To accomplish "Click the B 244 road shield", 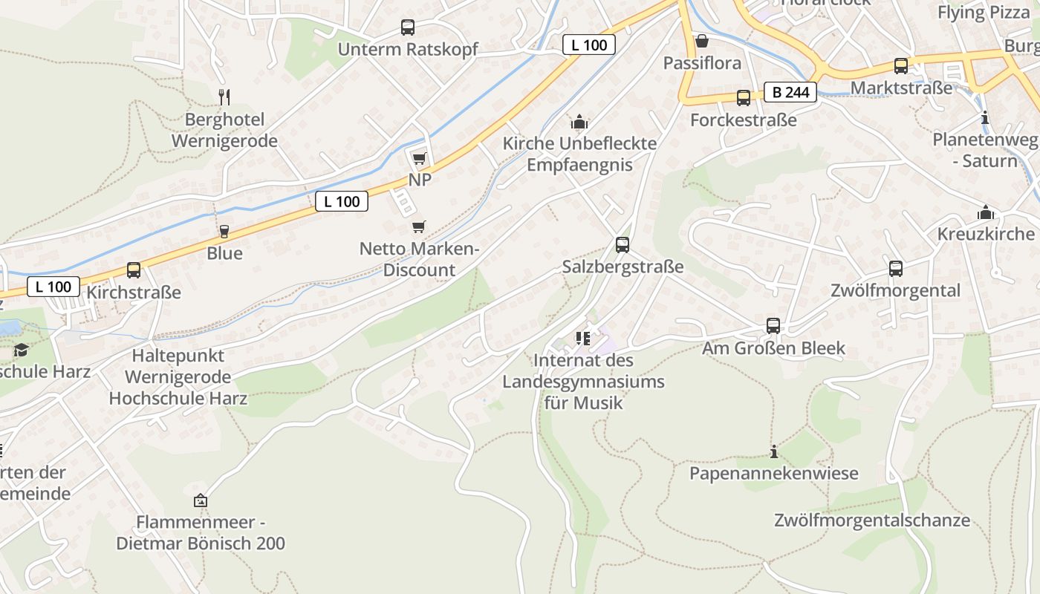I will pyautogui.click(x=790, y=92).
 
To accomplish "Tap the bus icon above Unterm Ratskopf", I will pyautogui.click(x=408, y=27).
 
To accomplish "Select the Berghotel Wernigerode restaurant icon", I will pyautogui.click(x=224, y=97).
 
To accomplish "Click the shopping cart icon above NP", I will pyautogui.click(x=419, y=158).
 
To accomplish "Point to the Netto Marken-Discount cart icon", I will pyautogui.click(x=419, y=226).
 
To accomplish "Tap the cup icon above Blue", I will pyautogui.click(x=224, y=231).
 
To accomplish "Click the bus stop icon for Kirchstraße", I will pyautogui.click(x=134, y=270).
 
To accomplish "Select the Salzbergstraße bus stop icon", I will pyautogui.click(x=623, y=244).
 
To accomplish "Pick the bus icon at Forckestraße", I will pyautogui.click(x=743, y=98).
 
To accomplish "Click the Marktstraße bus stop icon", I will pyautogui.click(x=900, y=66).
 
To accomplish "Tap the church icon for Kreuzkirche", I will pyautogui.click(x=986, y=212).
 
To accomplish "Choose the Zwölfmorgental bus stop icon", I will pyautogui.click(x=896, y=269).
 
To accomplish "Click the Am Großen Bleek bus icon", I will pyautogui.click(x=773, y=326).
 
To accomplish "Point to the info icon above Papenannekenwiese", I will pyautogui.click(x=774, y=451).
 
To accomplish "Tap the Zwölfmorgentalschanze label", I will pyautogui.click(x=871, y=520).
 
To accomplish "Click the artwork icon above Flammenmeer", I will pyautogui.click(x=200, y=500).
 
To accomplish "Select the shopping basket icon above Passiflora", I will pyautogui.click(x=701, y=41).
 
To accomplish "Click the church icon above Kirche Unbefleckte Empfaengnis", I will pyautogui.click(x=579, y=122).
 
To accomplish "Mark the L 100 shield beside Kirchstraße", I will pyautogui.click(x=53, y=287).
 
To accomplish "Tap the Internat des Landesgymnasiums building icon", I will pyautogui.click(x=582, y=339).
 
